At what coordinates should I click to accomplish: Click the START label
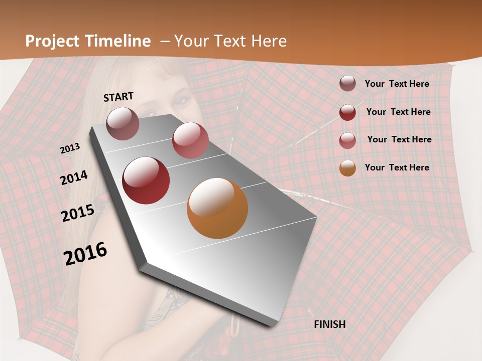tap(118, 97)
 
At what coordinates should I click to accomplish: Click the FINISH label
tap(330, 324)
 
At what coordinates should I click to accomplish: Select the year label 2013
tap(70, 148)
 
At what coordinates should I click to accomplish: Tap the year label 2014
tap(74, 177)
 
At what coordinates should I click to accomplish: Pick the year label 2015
tap(78, 213)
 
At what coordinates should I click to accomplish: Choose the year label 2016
tap(85, 254)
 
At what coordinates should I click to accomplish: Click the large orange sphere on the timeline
tap(217, 208)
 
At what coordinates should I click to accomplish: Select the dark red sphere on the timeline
tap(146, 180)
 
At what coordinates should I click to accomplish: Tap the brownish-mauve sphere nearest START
tap(123, 123)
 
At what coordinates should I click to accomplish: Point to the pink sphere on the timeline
tap(190, 140)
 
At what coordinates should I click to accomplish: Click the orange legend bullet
tap(347, 168)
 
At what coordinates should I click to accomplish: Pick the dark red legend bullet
tap(347, 112)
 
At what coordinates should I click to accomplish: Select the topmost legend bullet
tap(347, 83)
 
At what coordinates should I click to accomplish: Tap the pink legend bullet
tap(347, 140)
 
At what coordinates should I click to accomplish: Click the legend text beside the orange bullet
tap(397, 167)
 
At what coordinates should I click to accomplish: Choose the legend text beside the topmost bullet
tap(397, 84)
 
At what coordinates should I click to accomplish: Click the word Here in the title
tap(269, 41)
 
